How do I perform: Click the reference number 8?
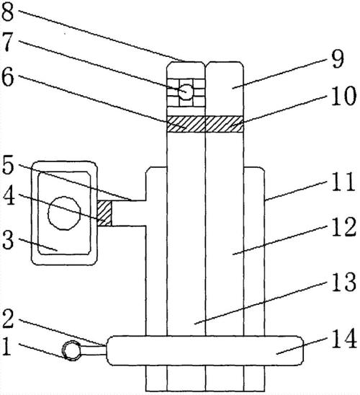7,12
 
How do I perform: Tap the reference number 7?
7,43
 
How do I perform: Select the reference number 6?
8,78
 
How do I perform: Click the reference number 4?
9,196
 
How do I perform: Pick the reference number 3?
7,240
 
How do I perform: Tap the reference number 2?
8,319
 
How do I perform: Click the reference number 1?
6,347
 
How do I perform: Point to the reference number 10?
343,96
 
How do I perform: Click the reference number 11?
343,182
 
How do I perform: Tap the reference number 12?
343,227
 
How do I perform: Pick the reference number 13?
343,282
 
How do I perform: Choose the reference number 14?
344,338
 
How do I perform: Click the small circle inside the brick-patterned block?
186,92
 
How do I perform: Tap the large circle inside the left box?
64,213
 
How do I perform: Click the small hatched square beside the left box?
104,213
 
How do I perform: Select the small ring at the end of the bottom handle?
71,350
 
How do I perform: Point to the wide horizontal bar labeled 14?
204,350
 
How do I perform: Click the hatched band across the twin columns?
205,124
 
